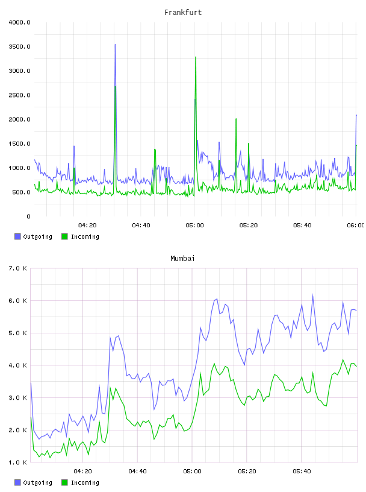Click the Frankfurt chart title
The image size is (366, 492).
[x=183, y=13]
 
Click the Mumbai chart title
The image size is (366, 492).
[x=182, y=259]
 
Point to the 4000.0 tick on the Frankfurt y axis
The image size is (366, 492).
[x=19, y=22]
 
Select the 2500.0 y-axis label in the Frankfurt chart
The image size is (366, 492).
[x=19, y=95]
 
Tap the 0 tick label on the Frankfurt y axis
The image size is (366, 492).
[x=28, y=216]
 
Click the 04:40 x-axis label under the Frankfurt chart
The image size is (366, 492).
[x=141, y=225]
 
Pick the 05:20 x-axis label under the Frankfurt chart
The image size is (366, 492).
[x=249, y=225]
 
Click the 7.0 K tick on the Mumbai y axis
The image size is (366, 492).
[x=17, y=268]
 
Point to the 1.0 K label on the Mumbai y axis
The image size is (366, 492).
[x=17, y=462]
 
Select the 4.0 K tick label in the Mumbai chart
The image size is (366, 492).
[x=17, y=365]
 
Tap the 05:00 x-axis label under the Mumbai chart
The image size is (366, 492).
[x=193, y=471]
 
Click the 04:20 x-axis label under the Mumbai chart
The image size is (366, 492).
[x=83, y=471]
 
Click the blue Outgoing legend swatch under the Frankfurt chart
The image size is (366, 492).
[x=17, y=236]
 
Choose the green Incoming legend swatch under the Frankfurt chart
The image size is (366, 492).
[x=64, y=236]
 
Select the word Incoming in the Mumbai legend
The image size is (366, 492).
[x=85, y=482]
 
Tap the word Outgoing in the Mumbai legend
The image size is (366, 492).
[x=37, y=482]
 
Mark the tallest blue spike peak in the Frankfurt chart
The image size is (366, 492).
[x=115, y=45]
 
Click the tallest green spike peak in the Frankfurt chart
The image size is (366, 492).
[x=196, y=57]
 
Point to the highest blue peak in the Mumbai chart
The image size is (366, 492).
[x=312, y=295]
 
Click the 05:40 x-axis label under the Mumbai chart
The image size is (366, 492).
[x=302, y=471]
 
